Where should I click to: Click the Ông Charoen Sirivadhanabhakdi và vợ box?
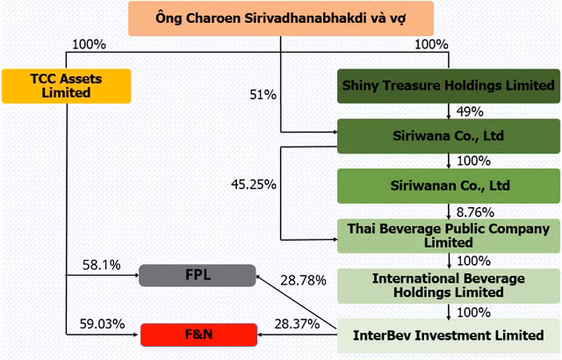tap(281, 18)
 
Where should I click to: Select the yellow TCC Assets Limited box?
tap(67, 86)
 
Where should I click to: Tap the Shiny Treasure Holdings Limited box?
tap(449, 86)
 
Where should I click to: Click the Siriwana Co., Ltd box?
tap(449, 136)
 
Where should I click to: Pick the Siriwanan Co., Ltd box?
tap(449, 186)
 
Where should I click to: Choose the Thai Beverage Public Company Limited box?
tap(449, 236)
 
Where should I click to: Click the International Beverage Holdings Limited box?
tap(449, 286)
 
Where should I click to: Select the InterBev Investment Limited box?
tap(449, 335)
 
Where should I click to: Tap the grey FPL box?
tap(198, 275)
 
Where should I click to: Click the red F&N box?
tap(199, 335)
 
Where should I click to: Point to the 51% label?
tap(263, 95)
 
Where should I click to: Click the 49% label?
tap(470, 112)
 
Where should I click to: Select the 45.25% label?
tap(254, 184)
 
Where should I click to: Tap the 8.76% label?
tap(475, 212)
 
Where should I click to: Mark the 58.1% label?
tap(102, 265)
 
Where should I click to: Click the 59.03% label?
tap(102, 324)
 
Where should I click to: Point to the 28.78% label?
tap(303, 280)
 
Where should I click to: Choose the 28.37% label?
tap(297, 324)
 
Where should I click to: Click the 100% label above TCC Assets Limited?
tap(90, 45)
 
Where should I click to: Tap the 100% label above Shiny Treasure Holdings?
tap(431, 45)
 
